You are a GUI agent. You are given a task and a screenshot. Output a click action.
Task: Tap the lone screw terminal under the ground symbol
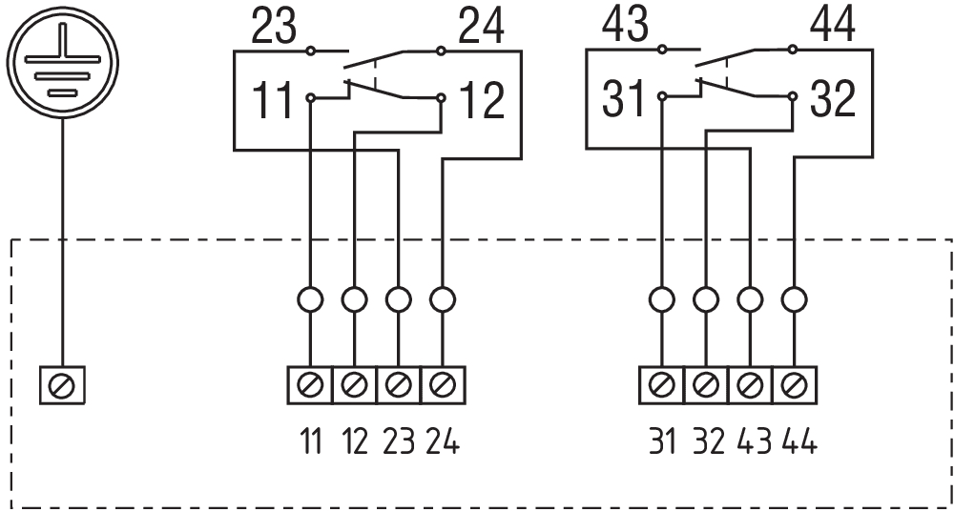63,385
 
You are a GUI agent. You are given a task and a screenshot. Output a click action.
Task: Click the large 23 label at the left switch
275,29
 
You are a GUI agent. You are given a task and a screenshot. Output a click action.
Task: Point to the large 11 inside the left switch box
276,100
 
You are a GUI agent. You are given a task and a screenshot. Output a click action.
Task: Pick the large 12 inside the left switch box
481,100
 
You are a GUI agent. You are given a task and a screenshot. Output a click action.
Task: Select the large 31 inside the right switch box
627,100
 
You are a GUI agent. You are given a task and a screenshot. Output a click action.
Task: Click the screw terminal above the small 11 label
310,385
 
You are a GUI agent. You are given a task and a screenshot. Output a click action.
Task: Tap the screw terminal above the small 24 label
442,385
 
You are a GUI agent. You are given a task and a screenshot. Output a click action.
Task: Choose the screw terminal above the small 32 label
705,385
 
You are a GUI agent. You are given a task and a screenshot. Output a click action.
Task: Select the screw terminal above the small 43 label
749,385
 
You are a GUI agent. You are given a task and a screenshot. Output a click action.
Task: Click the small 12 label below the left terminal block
354,443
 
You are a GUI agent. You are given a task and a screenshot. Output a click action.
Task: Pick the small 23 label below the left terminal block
398,443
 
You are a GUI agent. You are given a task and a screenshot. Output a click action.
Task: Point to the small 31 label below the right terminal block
662,443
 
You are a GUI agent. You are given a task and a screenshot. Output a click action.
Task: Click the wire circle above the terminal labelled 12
354,300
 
